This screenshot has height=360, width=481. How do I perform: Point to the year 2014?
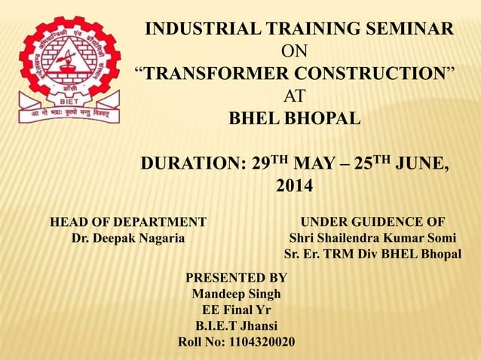(296, 185)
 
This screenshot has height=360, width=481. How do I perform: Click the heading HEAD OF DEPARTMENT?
(127, 221)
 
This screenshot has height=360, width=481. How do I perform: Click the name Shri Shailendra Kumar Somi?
(372, 239)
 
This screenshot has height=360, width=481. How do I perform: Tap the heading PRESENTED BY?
(236, 277)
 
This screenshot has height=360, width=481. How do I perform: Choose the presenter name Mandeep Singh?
(236, 293)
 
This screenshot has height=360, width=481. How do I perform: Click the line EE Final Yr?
(236, 310)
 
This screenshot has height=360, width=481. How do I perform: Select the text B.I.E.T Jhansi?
(236, 326)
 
